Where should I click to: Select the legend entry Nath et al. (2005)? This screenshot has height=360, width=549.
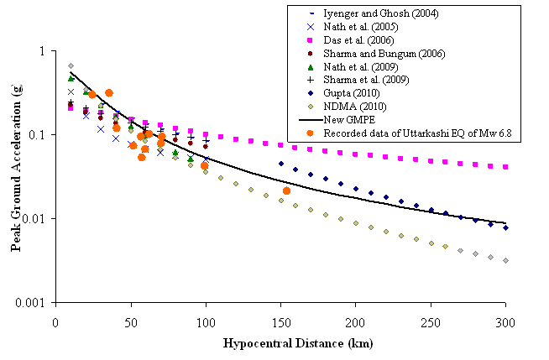click(x=363, y=28)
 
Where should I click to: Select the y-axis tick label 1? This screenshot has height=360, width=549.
click(x=43, y=51)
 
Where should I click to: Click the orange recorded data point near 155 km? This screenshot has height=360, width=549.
click(x=286, y=191)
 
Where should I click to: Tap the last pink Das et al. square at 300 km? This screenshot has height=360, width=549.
click(x=505, y=167)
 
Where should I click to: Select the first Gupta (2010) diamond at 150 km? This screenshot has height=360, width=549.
click(x=280, y=164)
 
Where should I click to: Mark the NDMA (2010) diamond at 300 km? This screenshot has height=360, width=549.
click(x=505, y=260)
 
